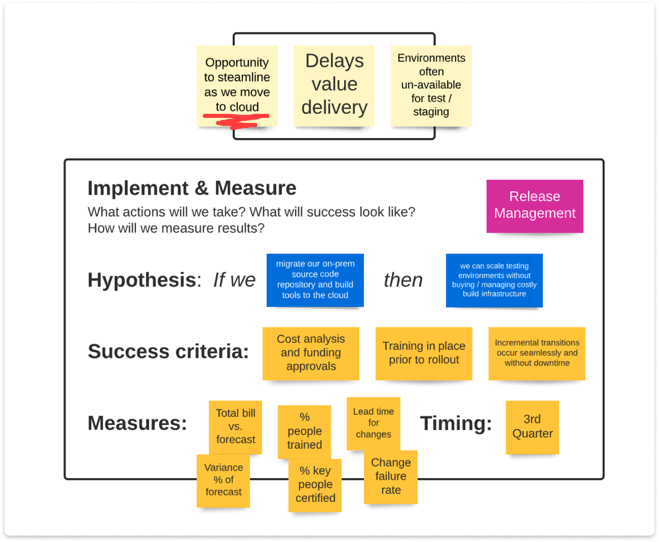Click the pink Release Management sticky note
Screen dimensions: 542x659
(535, 206)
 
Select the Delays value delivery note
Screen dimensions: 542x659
(334, 85)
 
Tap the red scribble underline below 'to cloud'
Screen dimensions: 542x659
(236, 120)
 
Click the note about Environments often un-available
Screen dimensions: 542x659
(431, 85)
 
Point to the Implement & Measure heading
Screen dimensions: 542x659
(192, 188)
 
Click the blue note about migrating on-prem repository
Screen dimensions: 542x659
(315, 280)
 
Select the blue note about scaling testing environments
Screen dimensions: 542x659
(494, 280)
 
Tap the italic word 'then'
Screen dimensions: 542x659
(403, 280)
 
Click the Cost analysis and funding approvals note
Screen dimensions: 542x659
(311, 353)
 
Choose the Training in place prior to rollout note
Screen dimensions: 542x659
(424, 353)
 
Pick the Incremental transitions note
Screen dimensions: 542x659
(536, 353)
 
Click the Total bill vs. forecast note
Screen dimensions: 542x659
(235, 426)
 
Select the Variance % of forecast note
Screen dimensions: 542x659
(223, 480)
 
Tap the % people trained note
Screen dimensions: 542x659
(304, 431)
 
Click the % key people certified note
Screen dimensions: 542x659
(315, 485)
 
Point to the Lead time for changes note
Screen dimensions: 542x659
(373, 423)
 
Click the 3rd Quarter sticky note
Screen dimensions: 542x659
(532, 426)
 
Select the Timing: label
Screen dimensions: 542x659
(456, 423)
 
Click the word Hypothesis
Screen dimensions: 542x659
(142, 280)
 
